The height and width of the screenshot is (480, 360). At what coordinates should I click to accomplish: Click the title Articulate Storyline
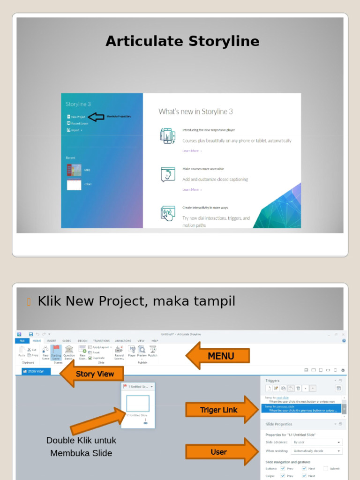(182, 41)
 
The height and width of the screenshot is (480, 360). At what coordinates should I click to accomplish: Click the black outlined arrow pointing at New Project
(96, 117)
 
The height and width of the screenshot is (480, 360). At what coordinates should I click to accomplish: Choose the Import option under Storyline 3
(75, 130)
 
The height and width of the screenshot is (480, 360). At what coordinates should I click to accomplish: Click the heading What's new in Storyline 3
(195, 112)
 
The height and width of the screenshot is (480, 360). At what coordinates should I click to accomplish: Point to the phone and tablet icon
(167, 136)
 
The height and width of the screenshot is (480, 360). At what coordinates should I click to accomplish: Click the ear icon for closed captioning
(167, 174)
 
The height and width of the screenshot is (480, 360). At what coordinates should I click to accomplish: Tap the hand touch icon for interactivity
(167, 213)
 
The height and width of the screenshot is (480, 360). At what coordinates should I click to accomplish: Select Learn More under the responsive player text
(191, 151)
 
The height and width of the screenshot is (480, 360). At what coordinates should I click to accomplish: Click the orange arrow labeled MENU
(218, 356)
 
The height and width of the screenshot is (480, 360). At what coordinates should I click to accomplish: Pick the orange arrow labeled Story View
(92, 374)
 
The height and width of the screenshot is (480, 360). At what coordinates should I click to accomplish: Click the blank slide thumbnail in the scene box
(138, 404)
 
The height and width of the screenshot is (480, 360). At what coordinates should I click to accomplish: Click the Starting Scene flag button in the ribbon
(56, 352)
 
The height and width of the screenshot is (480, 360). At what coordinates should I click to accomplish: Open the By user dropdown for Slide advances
(316, 442)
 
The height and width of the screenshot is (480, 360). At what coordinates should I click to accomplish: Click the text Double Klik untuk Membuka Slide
(81, 447)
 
